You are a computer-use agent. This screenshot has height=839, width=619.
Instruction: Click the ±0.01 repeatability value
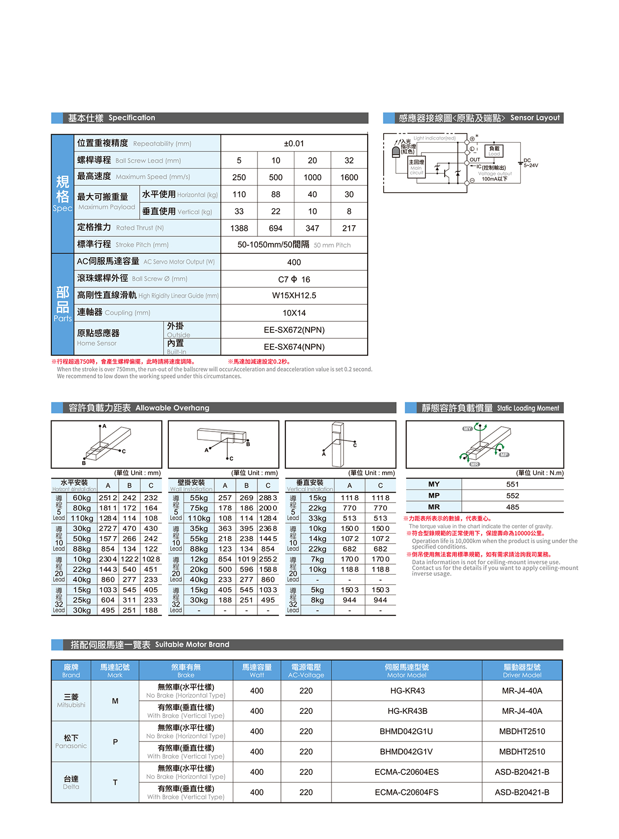pyautogui.click(x=294, y=144)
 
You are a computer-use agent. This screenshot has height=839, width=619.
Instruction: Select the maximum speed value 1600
pyautogui.click(x=349, y=177)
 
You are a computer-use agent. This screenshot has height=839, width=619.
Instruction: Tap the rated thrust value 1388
pyautogui.click(x=239, y=228)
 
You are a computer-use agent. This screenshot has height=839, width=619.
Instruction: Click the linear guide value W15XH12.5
pyautogui.click(x=294, y=295)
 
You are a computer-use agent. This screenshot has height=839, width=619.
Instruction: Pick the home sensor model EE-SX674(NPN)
pyautogui.click(x=294, y=347)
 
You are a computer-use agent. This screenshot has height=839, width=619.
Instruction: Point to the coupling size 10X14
pyautogui.click(x=294, y=313)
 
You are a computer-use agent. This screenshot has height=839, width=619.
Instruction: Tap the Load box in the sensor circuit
pyautogui.click(x=494, y=151)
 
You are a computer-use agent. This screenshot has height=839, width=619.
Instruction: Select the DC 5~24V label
pyautogui.click(x=530, y=163)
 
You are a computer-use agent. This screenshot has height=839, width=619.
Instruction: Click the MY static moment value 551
pyautogui.click(x=512, y=485)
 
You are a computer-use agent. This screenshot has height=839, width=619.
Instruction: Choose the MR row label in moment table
pyautogui.click(x=434, y=507)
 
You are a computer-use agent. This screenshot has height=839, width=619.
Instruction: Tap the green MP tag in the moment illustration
pyautogui.click(x=504, y=455)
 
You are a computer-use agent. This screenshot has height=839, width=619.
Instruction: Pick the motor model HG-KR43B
pyautogui.click(x=407, y=711)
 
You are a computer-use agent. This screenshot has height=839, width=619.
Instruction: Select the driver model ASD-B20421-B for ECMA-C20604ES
pyautogui.click(x=522, y=772)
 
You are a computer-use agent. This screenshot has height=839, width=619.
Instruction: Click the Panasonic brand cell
pyautogui.click(x=71, y=741)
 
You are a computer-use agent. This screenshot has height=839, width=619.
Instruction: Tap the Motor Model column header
pyautogui.click(x=407, y=671)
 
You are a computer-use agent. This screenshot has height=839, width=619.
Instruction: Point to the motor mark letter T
pyautogui.click(x=115, y=782)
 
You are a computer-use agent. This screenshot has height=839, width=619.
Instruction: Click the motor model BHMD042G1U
pyautogui.click(x=407, y=731)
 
